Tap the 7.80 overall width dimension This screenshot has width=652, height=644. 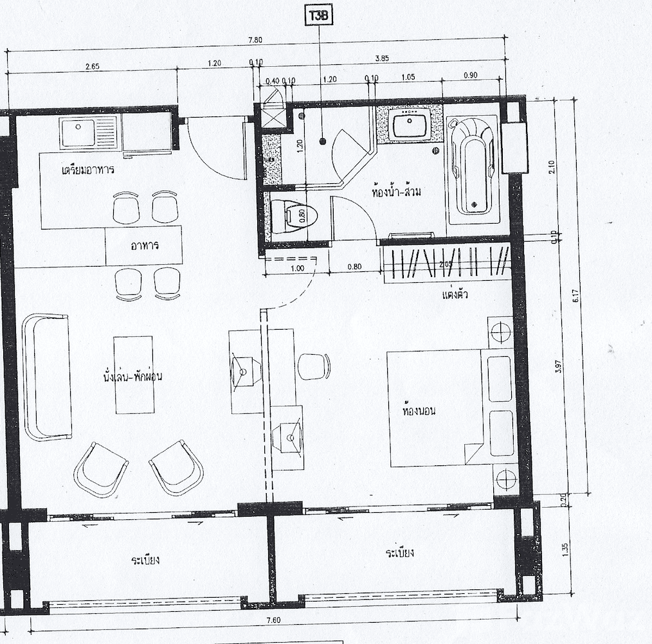pyautogui.click(x=255, y=40)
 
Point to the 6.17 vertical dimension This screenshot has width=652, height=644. pyautogui.click(x=577, y=296)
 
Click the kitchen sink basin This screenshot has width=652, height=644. pyautogui.click(x=78, y=133)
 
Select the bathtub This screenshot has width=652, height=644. pyautogui.click(x=474, y=168)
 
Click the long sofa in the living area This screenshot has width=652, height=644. pyautogui.click(x=47, y=376)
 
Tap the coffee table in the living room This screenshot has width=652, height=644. pyautogui.click(x=134, y=375)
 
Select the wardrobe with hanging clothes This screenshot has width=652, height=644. pyautogui.click(x=448, y=264)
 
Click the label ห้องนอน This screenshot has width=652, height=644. pyautogui.click(x=419, y=409)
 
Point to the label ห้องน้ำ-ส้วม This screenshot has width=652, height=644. pyautogui.click(x=397, y=191)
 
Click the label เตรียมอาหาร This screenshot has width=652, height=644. pyautogui.click(x=87, y=171)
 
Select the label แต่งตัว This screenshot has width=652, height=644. pyautogui.click(x=454, y=294)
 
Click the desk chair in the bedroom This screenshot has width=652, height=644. pyautogui.click(x=314, y=366)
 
